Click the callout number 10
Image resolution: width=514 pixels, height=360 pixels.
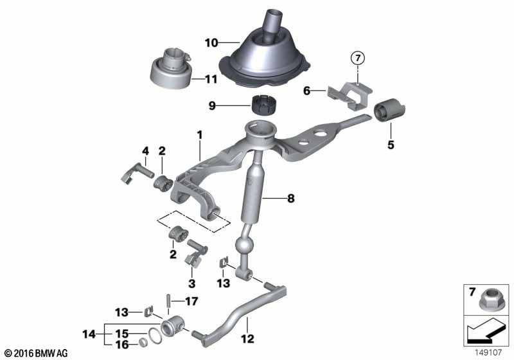pos(212,43)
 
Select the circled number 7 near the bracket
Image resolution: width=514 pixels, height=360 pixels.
pos(357,59)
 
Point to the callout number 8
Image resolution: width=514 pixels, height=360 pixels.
pos(290,199)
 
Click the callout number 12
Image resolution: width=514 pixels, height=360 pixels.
pos(247,339)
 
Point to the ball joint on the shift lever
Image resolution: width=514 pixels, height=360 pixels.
pos(245,247)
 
